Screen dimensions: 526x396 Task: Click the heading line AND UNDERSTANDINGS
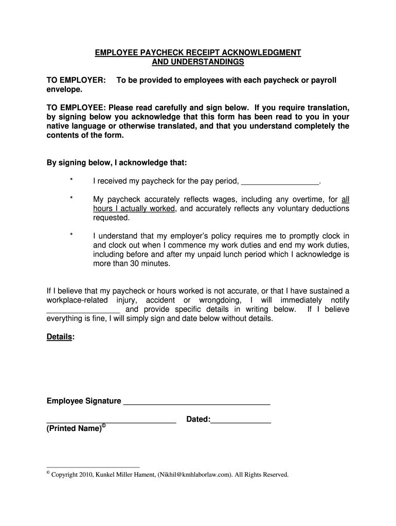pos(198,62)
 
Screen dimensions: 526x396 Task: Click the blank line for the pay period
pos(280,182)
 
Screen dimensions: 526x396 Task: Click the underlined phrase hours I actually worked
pos(134,209)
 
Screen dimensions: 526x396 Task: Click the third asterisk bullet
pos(71,236)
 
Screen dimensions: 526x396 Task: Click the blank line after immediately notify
pos(83,310)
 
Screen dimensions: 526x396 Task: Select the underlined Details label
pos(60,336)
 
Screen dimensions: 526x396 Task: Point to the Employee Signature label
pos(84,401)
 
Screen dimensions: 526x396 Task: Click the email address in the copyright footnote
pos(195,475)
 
